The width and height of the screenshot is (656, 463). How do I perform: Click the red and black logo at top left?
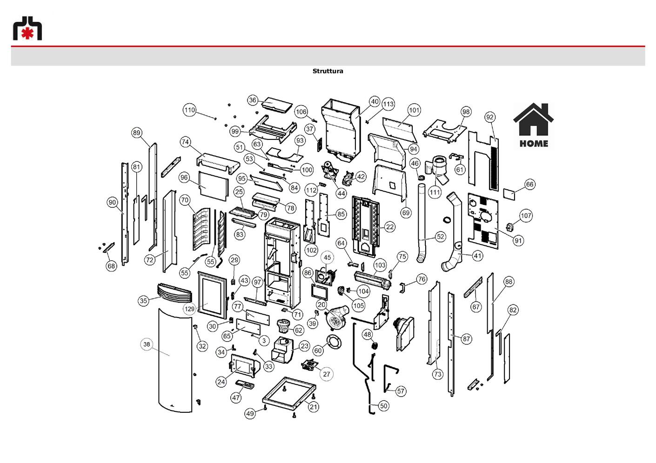pyautogui.click(x=27, y=28)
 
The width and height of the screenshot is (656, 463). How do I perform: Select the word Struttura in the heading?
pyautogui.click(x=328, y=71)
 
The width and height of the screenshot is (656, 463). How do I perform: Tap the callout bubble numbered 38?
pyautogui.click(x=147, y=344)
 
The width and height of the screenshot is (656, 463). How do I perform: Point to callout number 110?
pyautogui.click(x=189, y=110)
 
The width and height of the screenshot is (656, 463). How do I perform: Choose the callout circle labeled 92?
pyautogui.click(x=489, y=117)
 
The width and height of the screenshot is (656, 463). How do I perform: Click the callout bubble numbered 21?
pyautogui.click(x=314, y=407)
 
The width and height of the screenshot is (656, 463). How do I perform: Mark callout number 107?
pyautogui.click(x=526, y=216)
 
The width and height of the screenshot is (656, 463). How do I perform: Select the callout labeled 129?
pyautogui.click(x=189, y=309)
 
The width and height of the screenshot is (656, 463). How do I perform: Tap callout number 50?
pyautogui.click(x=384, y=406)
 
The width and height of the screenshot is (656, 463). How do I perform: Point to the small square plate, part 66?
pyautogui.click(x=509, y=194)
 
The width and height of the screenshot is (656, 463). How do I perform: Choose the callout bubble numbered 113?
pyautogui.click(x=388, y=104)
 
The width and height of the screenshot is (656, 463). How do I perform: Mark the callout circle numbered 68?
pyautogui.click(x=111, y=266)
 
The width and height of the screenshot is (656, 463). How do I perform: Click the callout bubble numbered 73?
pyautogui.click(x=437, y=374)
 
